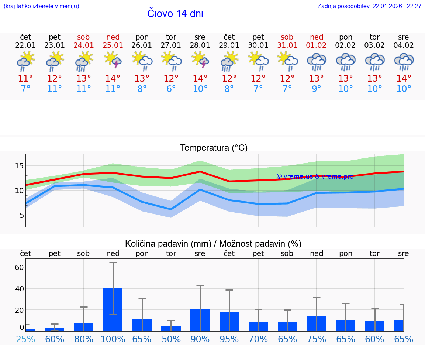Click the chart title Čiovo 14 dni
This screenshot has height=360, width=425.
pos(175,14)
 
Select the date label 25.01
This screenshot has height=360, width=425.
pos(113,45)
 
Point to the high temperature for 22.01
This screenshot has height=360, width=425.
pos(25,79)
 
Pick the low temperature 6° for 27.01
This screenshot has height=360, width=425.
pos(171,89)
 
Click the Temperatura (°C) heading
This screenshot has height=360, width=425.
pos(214,148)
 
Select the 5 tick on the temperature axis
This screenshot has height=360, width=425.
pos(21,215)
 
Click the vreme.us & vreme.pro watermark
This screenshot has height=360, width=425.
pos(315,176)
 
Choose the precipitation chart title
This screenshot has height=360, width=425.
pos(213,244)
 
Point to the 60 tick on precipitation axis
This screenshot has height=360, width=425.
pos(19,267)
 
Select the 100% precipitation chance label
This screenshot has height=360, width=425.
pos(113,339)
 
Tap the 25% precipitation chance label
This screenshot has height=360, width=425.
pos(25,339)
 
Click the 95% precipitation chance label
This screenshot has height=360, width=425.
pos(229,339)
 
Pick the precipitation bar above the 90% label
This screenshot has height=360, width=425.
pos(200,320)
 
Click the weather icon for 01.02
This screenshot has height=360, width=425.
pos(317,61)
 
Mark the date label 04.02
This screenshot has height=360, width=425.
pos(404,45)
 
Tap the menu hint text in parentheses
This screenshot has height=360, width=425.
pos(41,6)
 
